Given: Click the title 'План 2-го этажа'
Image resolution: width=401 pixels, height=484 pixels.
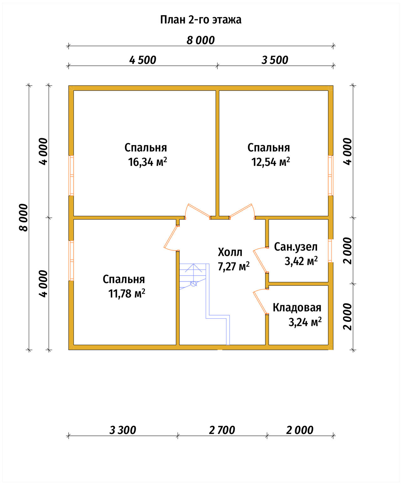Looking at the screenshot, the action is pyautogui.click(x=200, y=20).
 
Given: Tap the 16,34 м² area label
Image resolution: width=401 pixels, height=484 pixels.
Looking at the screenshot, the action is pyautogui.click(x=148, y=162).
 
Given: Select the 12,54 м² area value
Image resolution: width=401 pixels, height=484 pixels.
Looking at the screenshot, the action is pyautogui.click(x=271, y=162).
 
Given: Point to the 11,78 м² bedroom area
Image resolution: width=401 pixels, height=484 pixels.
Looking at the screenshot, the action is pyautogui.click(x=127, y=293).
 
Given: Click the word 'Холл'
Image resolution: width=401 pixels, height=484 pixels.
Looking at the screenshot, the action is pyautogui.click(x=230, y=252).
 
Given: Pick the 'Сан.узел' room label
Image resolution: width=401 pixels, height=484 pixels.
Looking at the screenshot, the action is pyautogui.click(x=296, y=247).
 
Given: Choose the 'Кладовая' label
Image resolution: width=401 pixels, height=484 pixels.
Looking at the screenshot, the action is pyautogui.click(x=297, y=308).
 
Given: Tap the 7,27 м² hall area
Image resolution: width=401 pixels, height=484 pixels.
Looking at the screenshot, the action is pyautogui.click(x=234, y=266).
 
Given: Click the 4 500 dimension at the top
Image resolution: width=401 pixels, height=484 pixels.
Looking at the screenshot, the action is pyautogui.click(x=143, y=60).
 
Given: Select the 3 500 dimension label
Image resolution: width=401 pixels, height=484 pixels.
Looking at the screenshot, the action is pyautogui.click(x=275, y=60).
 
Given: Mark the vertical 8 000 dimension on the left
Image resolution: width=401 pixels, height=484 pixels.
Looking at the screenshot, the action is pyautogui.click(x=23, y=218).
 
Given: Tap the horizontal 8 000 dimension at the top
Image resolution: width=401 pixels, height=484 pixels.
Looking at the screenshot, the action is pyautogui.click(x=200, y=40).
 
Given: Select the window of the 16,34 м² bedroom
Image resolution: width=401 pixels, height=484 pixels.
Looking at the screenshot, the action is pyautogui.click(x=71, y=175).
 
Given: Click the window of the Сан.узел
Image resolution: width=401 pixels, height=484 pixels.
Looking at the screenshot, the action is pyautogui.click(x=331, y=250).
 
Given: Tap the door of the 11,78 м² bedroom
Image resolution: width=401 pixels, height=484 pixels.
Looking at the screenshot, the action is pyautogui.click(x=171, y=238).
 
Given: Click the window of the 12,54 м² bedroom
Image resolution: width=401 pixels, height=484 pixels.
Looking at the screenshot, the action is pyautogui.click(x=331, y=175).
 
